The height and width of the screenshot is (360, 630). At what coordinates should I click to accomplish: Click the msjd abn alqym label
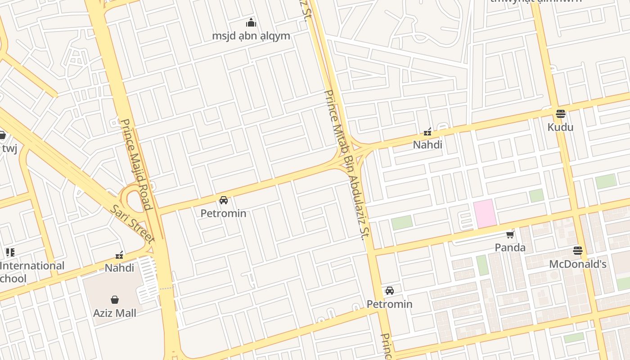click(251, 36)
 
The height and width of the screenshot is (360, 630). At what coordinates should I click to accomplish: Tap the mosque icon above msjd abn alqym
click(251, 22)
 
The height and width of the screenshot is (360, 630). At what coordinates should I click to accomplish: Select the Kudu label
click(560, 127)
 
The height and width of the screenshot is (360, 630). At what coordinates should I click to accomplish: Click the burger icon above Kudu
click(560, 114)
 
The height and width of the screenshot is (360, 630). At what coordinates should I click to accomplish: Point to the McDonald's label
click(578, 264)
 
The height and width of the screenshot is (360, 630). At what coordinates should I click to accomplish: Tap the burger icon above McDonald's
click(578, 250)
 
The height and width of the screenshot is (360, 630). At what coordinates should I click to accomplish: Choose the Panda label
click(510, 247)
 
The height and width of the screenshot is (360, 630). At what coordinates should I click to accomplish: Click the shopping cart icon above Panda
click(510, 234)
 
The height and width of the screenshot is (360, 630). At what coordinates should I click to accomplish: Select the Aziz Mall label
click(115, 313)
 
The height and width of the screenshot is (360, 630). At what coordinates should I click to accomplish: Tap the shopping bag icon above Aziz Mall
click(115, 300)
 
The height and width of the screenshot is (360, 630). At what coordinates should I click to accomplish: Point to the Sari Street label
click(133, 224)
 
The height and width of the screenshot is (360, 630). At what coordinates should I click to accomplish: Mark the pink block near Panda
click(485, 214)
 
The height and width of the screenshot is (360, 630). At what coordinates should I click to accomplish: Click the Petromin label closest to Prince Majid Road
click(223, 213)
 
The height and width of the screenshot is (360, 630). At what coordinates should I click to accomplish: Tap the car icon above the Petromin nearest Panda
click(390, 291)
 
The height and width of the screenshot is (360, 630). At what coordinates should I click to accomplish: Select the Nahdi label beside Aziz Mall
click(119, 268)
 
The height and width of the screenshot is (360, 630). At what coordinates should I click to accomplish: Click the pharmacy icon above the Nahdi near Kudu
click(427, 132)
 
